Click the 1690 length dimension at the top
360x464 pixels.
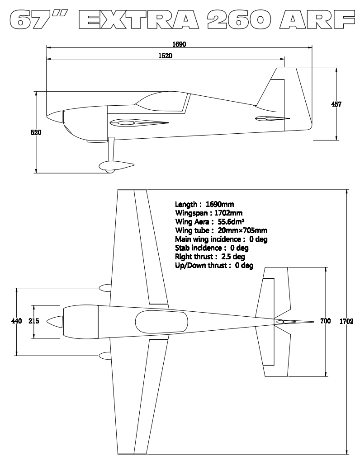(x=179, y=44)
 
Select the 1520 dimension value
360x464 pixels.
(x=166, y=56)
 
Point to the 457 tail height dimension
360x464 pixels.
(x=336, y=104)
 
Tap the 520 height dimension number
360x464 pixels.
(x=36, y=132)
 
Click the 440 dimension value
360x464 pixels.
(x=17, y=321)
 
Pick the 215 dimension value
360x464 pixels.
(x=34, y=321)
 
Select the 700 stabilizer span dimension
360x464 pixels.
(x=325, y=321)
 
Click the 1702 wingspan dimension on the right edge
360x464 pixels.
(x=346, y=321)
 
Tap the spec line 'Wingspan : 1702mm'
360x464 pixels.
(x=209, y=213)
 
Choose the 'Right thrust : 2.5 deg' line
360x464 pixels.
(x=210, y=257)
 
